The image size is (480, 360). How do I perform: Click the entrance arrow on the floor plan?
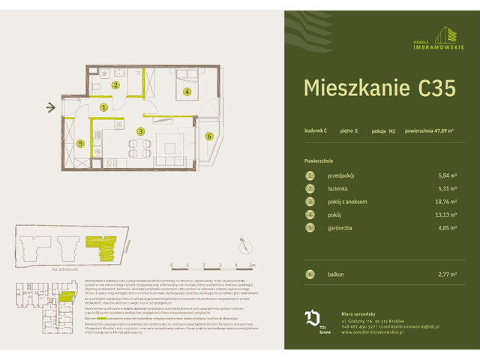pos(51,107)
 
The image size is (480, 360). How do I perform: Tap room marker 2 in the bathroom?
pos(115,85)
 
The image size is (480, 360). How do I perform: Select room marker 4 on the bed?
pos(187,91)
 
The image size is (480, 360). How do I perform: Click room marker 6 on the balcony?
pos(209,136)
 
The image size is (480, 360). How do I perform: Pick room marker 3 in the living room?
pos(140,131)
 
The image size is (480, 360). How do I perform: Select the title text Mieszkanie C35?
pos(379,88)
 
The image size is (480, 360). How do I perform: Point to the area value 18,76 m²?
pos(448,201)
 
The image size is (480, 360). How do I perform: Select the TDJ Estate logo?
pos(313,319)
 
